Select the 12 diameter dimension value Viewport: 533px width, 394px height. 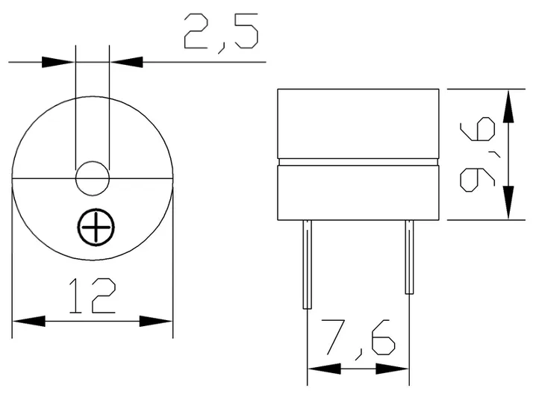pyautogui.click(x=93, y=295)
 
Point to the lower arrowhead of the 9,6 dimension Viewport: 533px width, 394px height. pyautogui.click(x=509, y=204)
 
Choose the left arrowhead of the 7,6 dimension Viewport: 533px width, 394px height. pyautogui.click(x=322, y=369)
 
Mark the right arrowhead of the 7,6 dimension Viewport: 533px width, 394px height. pyautogui.click(x=393, y=369)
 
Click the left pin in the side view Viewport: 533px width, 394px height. pyautogui.click(x=307, y=265)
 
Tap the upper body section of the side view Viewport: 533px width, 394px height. pyautogui.click(x=357, y=123)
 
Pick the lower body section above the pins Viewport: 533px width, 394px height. pyautogui.click(x=357, y=193)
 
